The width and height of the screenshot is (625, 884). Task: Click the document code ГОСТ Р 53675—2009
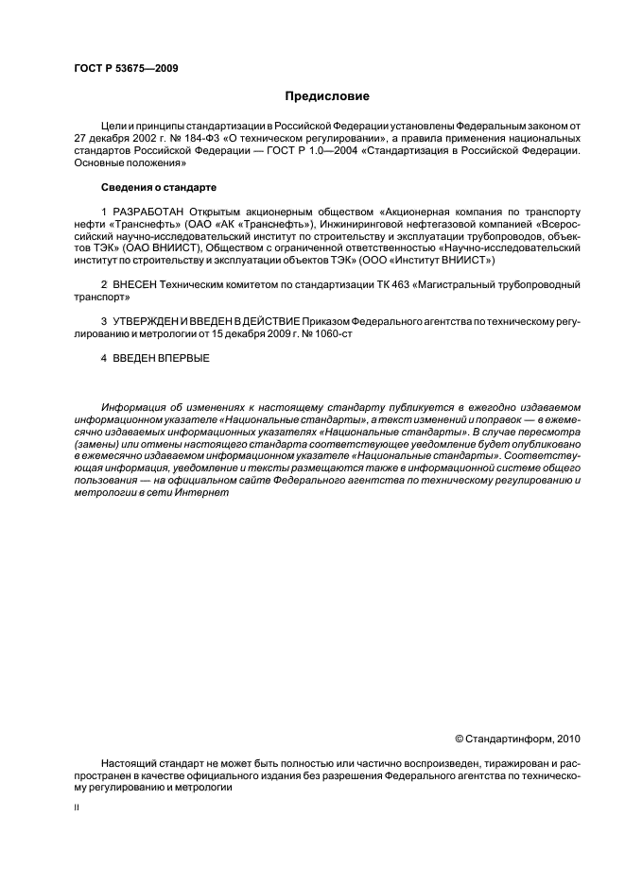pyautogui.click(x=126, y=68)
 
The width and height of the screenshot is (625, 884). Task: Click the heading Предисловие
pyautogui.click(x=327, y=95)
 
